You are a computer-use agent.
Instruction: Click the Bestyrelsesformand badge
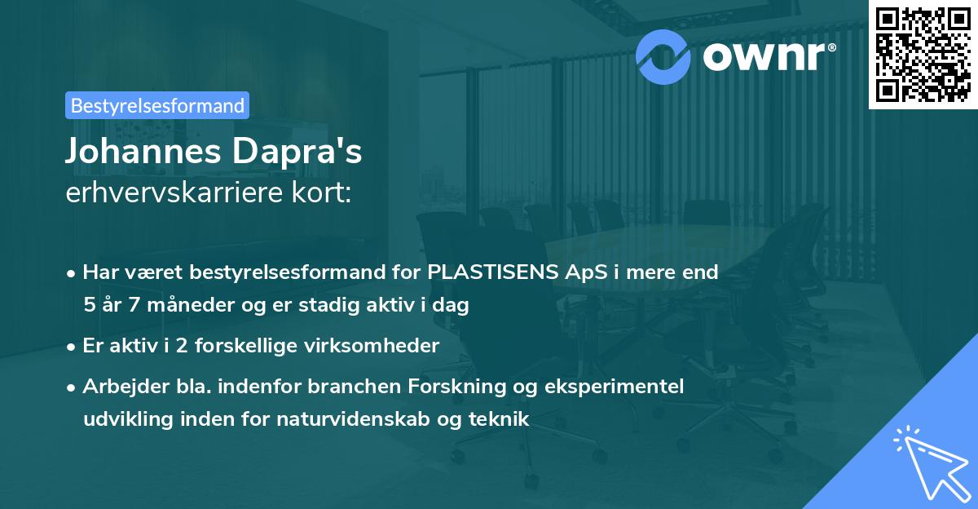(157, 105)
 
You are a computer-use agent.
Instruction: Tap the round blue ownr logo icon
(663, 56)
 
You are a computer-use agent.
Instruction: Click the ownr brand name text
(769, 56)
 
